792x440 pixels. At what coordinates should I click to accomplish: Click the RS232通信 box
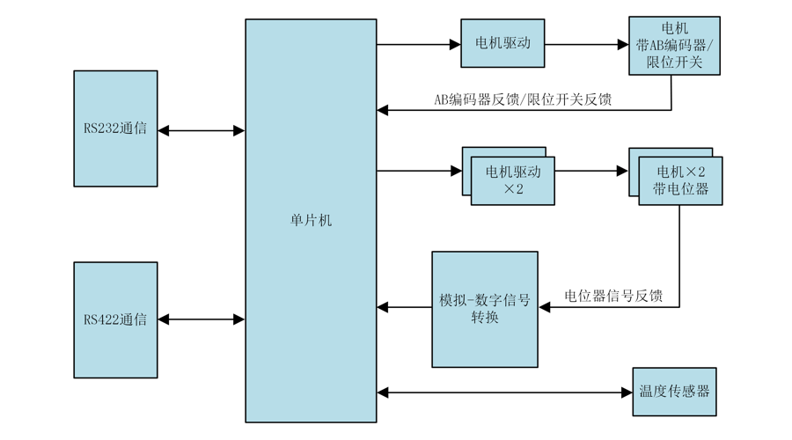(115, 128)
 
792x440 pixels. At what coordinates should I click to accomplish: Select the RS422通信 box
(115, 319)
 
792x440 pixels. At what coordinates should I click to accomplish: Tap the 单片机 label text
(311, 221)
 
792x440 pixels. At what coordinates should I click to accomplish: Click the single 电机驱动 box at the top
(502, 43)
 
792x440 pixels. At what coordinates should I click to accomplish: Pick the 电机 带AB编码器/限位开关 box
(674, 45)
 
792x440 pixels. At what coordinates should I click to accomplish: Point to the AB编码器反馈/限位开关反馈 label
(523, 99)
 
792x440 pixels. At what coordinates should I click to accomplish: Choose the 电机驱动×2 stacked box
(513, 180)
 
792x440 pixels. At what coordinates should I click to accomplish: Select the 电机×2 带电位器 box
(679, 180)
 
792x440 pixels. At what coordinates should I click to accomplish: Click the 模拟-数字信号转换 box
(485, 309)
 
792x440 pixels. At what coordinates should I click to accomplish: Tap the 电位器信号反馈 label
(613, 297)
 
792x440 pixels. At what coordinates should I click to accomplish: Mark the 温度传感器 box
(674, 392)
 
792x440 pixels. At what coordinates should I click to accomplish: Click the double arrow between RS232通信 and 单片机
(201, 130)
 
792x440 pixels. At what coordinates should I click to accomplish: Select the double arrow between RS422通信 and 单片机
(201, 320)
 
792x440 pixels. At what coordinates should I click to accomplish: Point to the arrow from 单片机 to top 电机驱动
(419, 44)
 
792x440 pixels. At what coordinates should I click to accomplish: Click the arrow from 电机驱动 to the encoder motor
(586, 44)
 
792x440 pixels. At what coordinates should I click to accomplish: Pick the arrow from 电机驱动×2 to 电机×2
(591, 172)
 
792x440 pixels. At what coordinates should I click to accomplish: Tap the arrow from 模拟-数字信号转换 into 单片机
(404, 308)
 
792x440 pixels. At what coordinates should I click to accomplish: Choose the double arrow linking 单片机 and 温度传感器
(504, 392)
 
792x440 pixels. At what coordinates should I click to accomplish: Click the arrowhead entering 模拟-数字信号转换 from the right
(545, 307)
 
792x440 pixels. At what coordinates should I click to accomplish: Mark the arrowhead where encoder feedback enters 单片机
(383, 110)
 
